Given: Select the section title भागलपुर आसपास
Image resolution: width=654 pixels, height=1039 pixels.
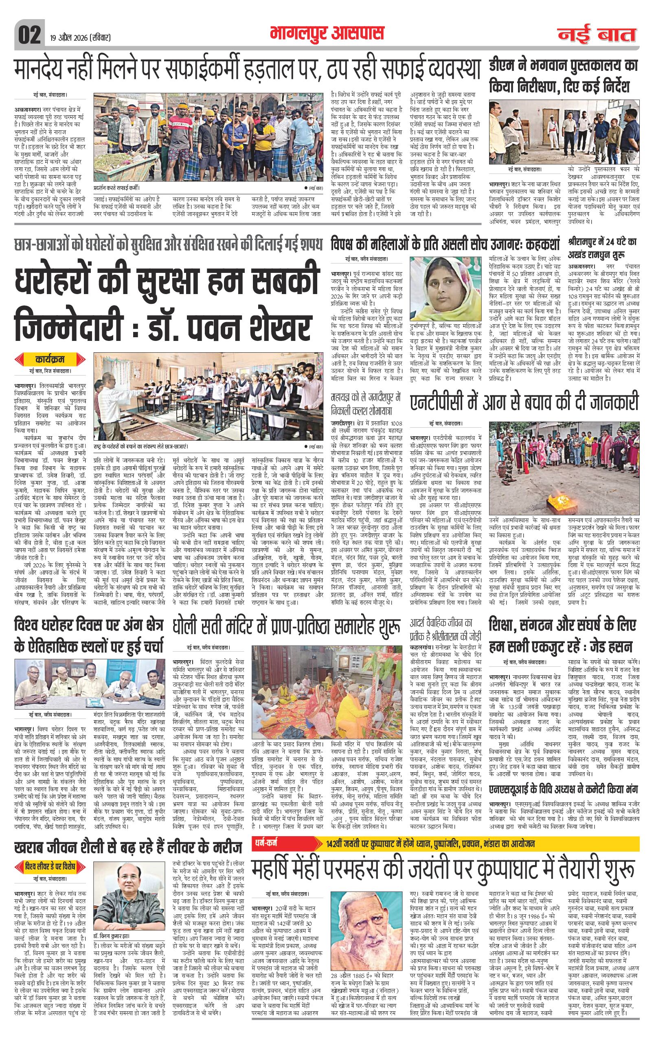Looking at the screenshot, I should [x=326, y=34].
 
